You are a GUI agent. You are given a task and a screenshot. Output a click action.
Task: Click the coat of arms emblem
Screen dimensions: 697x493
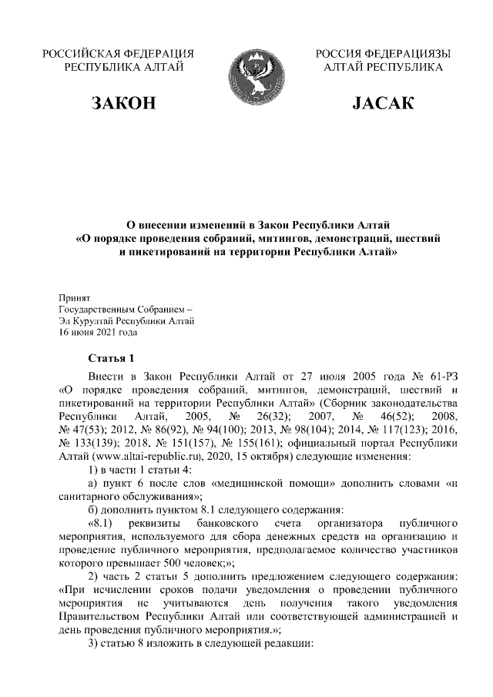(x=246, y=72)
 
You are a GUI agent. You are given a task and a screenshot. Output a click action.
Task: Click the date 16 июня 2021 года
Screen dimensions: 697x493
(x=98, y=333)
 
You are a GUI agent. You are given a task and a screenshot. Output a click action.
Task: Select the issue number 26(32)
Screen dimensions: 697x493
(x=262, y=416)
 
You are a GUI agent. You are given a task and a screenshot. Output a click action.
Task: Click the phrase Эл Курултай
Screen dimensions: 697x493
(x=86, y=321)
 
